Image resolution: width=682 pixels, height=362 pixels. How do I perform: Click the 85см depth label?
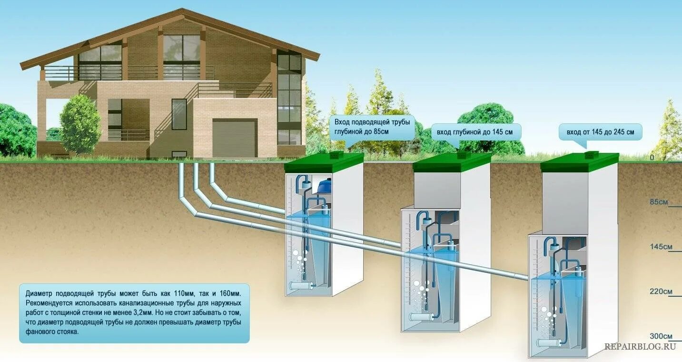click(x=659, y=202)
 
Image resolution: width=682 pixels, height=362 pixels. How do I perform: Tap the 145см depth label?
click(x=661, y=247)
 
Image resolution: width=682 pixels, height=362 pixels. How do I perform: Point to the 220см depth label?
click(x=661, y=292)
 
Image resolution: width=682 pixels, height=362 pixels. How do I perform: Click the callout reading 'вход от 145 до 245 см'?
click(x=600, y=132)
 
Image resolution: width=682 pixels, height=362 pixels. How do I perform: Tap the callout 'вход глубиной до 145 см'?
click(x=475, y=132)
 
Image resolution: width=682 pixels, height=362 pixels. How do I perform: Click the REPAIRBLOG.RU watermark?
click(x=640, y=346)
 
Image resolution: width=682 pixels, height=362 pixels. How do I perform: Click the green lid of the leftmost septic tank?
click(x=324, y=162)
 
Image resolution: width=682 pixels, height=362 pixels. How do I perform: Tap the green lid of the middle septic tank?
click(x=452, y=162)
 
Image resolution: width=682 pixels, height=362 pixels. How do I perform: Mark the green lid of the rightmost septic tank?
click(x=580, y=162)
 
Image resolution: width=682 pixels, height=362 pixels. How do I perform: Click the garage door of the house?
click(x=234, y=139)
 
